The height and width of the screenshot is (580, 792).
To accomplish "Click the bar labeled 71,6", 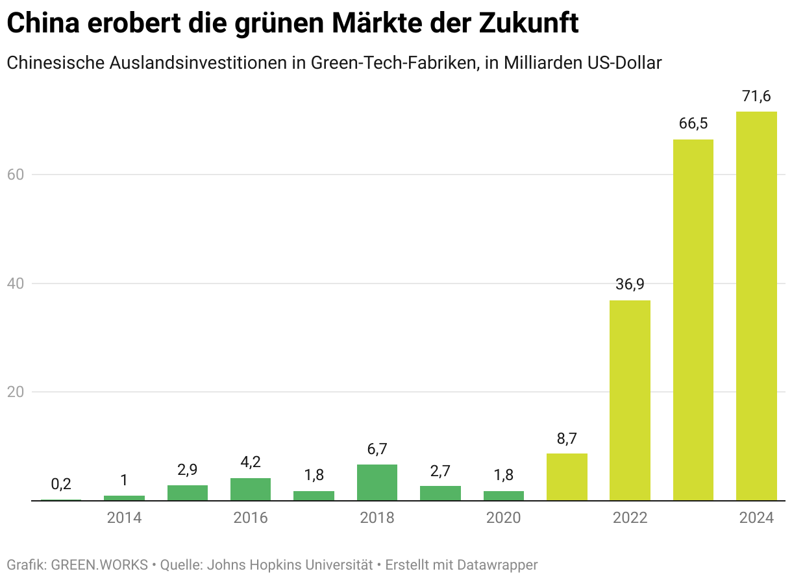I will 756,306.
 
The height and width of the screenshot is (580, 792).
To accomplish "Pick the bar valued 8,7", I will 567,477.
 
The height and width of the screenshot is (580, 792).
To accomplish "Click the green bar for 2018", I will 377,483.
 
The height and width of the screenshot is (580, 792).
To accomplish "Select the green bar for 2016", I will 251,489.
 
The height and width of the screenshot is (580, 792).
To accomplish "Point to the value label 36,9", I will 630,285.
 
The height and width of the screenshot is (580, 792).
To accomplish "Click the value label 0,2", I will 61,484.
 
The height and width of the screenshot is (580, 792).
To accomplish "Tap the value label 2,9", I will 188,470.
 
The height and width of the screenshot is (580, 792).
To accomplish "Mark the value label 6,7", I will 377,449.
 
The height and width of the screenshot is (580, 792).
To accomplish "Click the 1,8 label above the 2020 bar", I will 503,475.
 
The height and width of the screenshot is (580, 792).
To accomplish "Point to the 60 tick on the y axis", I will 16,175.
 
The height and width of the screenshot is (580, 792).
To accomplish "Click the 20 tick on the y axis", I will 16,392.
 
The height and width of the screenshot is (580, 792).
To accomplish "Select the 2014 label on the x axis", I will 124,518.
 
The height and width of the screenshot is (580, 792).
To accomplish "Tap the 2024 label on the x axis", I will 756,518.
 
